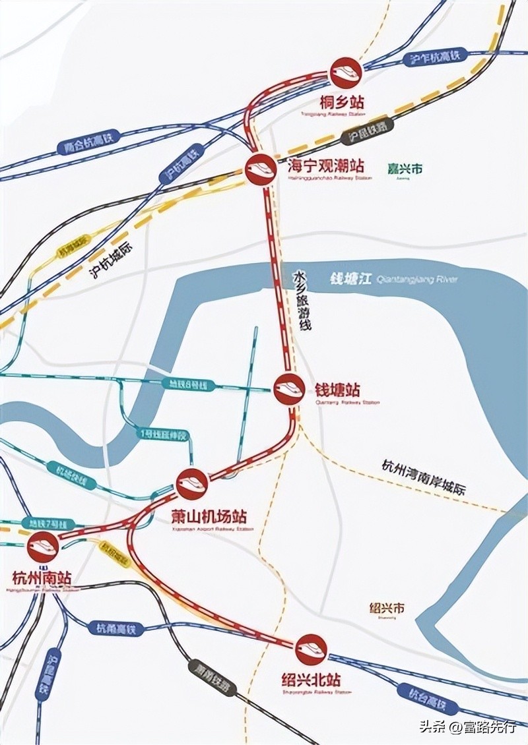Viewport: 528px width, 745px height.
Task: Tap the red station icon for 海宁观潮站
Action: (x=260, y=169)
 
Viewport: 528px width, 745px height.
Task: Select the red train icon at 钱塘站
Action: (x=288, y=388)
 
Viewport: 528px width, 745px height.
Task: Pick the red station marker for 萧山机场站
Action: (x=192, y=484)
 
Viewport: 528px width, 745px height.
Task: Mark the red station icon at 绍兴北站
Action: (x=310, y=649)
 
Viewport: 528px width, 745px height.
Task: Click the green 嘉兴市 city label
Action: (x=405, y=169)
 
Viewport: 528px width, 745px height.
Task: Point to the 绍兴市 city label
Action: (x=387, y=607)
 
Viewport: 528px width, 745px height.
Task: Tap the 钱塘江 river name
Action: (x=350, y=279)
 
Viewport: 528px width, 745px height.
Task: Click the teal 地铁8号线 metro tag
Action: (x=185, y=384)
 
